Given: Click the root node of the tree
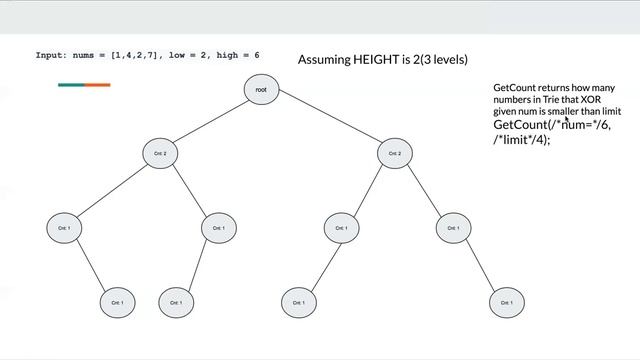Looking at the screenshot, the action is [x=260, y=90].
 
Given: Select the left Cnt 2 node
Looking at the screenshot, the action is [x=160, y=153].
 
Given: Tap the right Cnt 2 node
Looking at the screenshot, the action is [x=394, y=153].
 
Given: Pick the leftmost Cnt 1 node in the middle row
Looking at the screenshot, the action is [x=63, y=228].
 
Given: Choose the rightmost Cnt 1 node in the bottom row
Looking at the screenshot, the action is [x=505, y=301].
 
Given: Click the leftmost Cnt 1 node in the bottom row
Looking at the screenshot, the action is [x=117, y=301].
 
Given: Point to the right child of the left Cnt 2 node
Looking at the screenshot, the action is [x=217, y=228].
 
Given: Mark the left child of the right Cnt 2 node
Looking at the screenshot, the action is [x=341, y=228].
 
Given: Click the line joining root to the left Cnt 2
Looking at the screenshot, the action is [x=210, y=121].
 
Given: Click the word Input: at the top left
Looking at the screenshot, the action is [x=51, y=56].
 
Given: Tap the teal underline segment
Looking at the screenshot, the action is [x=71, y=85].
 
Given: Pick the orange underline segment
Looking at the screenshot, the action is [x=97, y=85].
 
